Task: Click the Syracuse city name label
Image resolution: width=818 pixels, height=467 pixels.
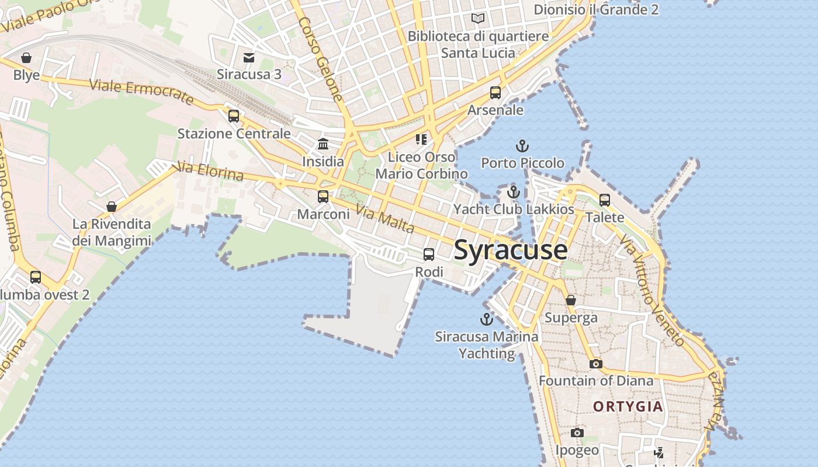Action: coord(510,250)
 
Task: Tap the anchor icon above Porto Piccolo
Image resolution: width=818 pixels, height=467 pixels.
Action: coord(522,146)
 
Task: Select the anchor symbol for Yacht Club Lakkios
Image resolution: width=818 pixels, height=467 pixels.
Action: coord(513,191)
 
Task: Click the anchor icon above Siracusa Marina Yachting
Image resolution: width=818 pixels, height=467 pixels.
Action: coord(486,319)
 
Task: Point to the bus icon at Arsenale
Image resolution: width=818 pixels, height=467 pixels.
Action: coord(495,93)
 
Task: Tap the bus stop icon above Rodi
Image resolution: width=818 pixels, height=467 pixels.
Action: coord(429,255)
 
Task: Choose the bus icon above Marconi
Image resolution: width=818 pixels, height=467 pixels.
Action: coord(323,197)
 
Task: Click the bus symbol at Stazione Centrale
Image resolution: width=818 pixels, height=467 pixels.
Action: coord(234,116)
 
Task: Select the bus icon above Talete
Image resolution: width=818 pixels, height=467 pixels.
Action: coord(605,200)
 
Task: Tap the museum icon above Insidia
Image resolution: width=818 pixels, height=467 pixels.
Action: coord(323,144)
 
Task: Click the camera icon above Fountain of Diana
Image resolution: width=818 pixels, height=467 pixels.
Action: coord(595,364)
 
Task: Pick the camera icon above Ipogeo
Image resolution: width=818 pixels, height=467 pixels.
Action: coord(577,433)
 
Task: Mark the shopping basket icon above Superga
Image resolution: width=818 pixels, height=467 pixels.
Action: coord(571,300)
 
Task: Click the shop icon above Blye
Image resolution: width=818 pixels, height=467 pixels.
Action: coord(26,58)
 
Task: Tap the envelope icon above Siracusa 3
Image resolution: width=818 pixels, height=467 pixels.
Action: coord(249,57)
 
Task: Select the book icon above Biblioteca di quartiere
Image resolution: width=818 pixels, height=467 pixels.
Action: coord(478,19)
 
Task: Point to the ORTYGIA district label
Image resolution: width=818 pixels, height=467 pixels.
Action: coord(628,406)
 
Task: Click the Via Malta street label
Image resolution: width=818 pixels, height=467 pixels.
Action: coord(386,220)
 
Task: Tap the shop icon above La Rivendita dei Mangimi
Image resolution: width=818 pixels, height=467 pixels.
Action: coord(112,207)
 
